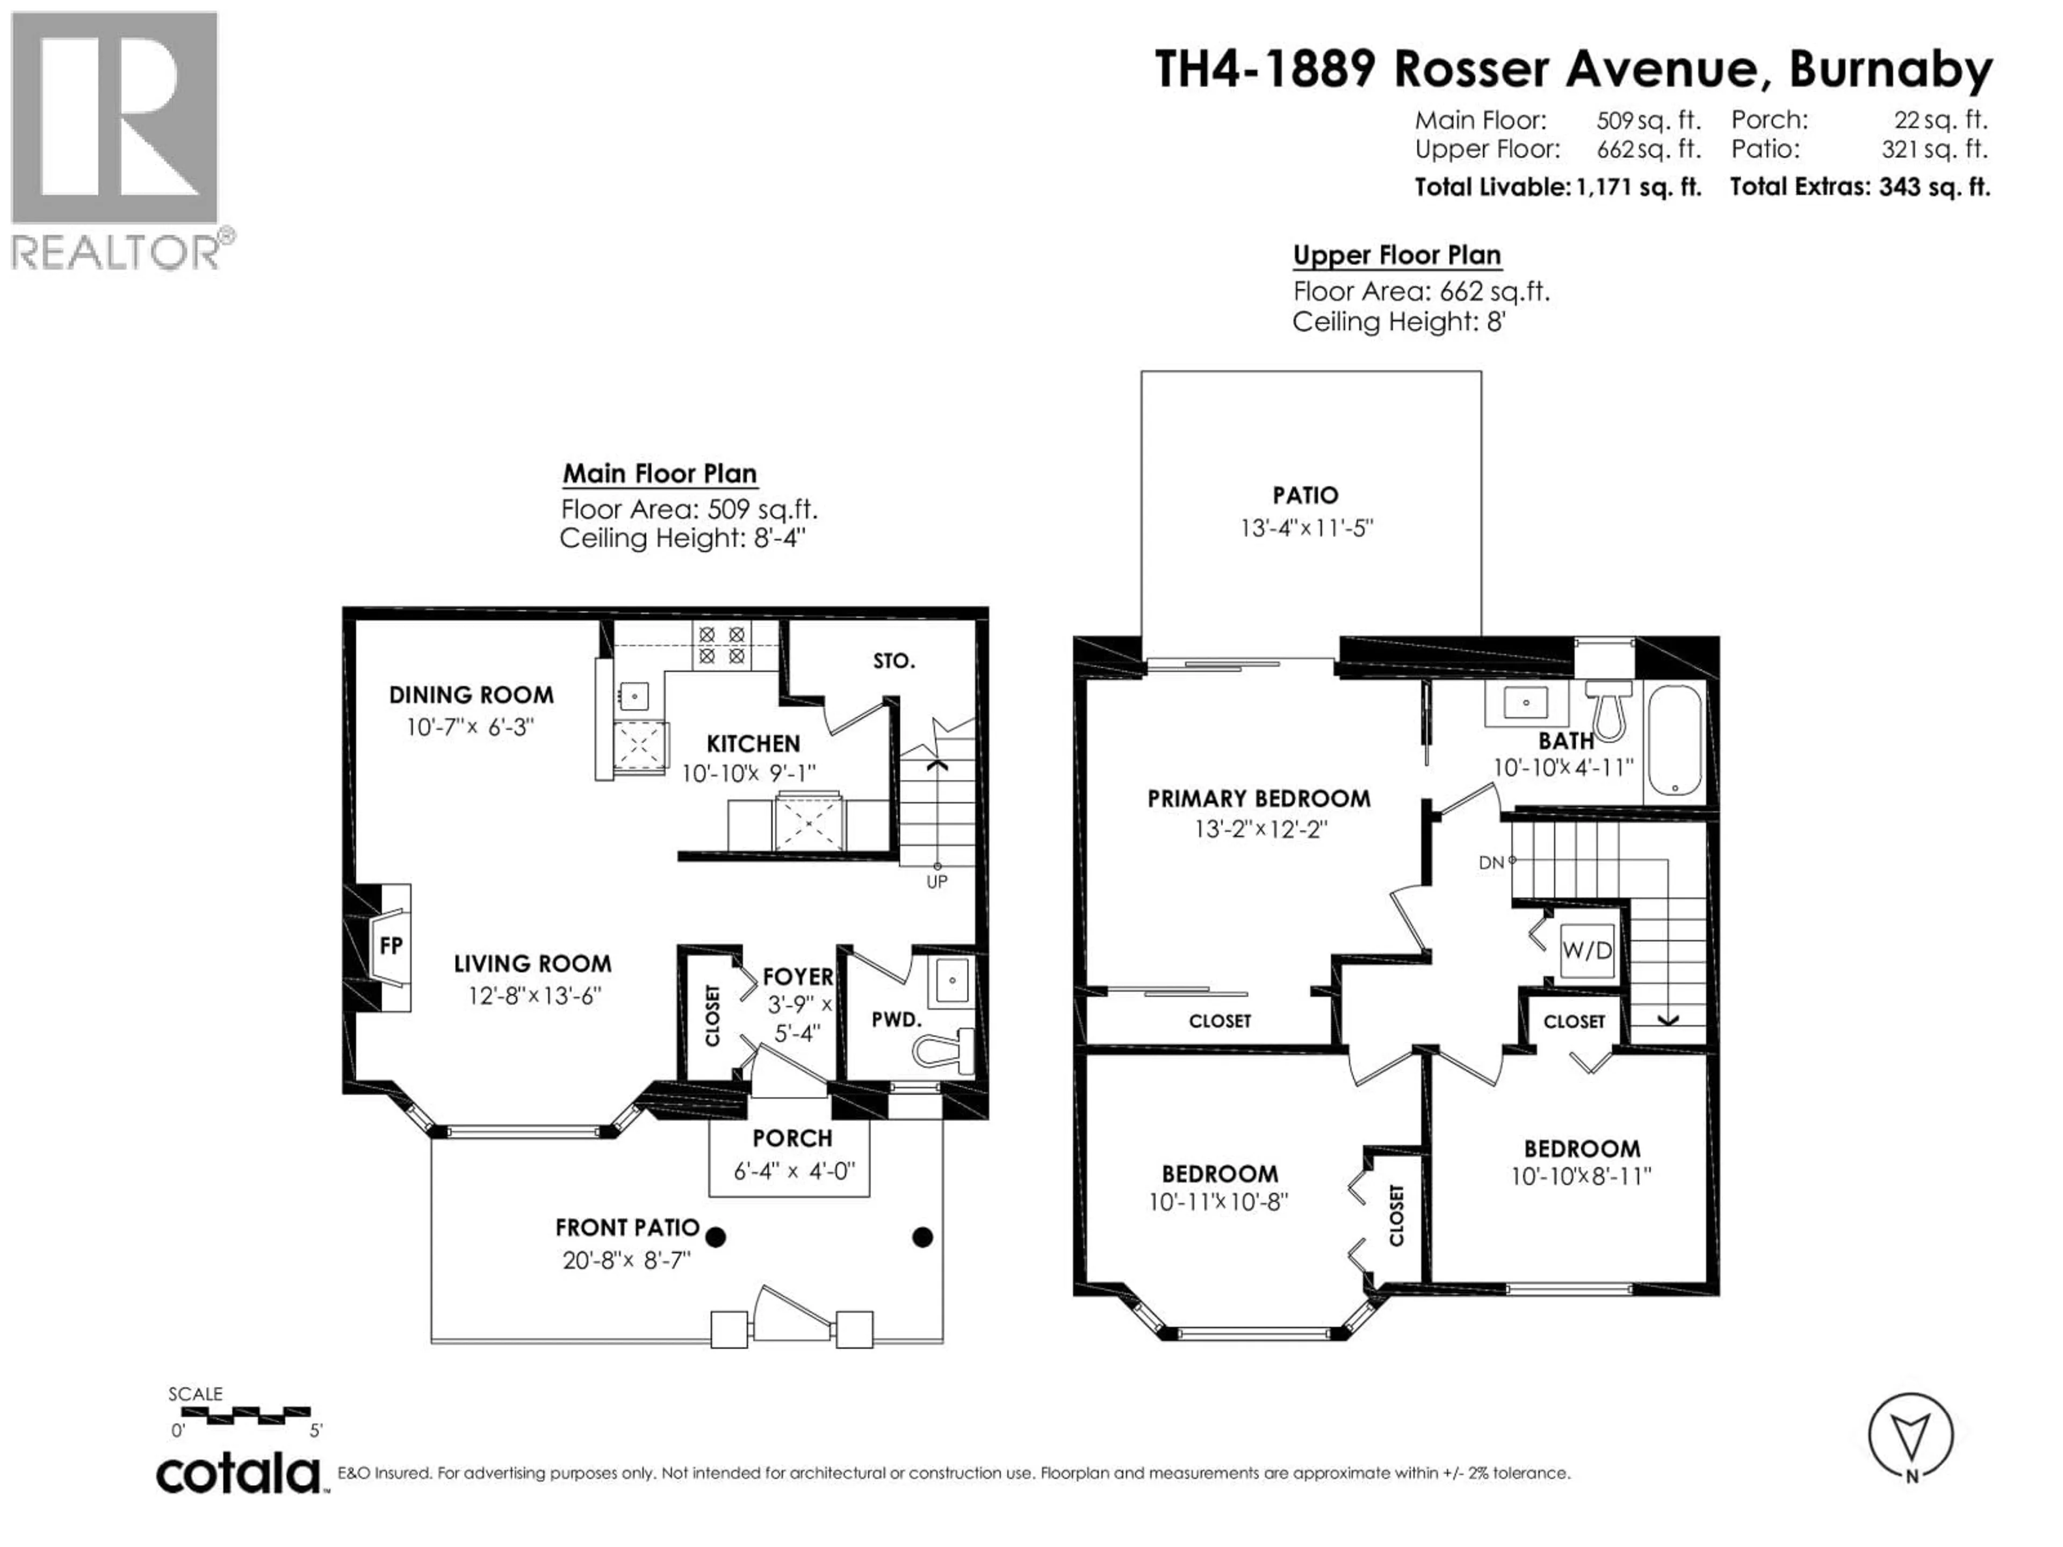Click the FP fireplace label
pyautogui.click(x=391, y=945)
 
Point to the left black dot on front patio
pyautogui.click(x=716, y=1238)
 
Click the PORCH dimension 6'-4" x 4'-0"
pyautogui.click(x=794, y=1171)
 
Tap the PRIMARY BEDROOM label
pyautogui.click(x=1258, y=799)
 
